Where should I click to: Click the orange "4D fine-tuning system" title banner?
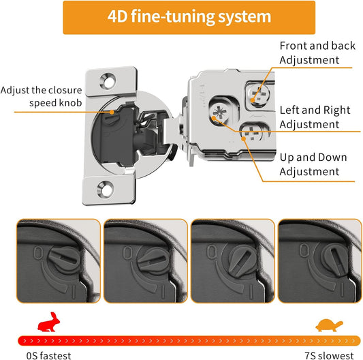point(189,17)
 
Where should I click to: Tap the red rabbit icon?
point(49,322)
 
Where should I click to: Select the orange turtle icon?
point(329,325)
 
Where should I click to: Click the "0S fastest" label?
point(48,356)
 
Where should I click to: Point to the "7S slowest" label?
point(329,356)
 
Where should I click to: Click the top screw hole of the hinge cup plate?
point(108,81)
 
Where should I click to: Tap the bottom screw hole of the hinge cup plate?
point(106,189)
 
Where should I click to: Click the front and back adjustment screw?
point(259,95)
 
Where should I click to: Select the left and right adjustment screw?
point(220,113)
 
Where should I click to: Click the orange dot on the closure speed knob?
point(112,112)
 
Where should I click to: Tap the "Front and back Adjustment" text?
point(317,52)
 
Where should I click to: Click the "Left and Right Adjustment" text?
point(315,117)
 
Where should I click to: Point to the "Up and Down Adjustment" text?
point(313,164)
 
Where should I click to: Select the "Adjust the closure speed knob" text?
point(42,96)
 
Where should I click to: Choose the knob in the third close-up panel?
point(242,261)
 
